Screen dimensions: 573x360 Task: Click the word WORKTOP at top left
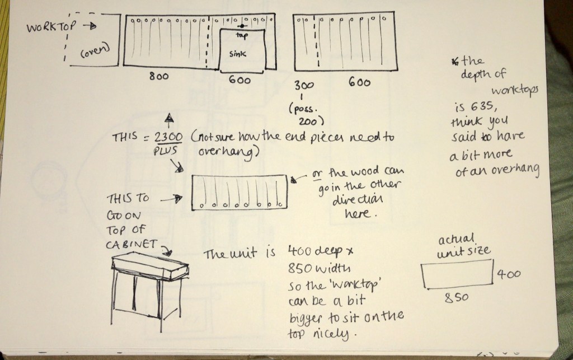51,26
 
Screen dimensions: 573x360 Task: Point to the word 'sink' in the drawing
237,54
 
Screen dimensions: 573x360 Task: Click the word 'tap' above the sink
242,35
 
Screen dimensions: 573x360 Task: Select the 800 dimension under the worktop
158,76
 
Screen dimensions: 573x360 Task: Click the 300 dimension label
304,85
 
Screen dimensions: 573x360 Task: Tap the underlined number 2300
168,137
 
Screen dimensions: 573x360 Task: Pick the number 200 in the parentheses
308,121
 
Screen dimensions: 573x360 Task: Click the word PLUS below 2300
166,151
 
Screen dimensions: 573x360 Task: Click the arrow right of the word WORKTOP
90,26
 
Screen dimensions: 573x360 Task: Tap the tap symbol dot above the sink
242,26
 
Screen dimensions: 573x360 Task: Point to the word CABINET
131,244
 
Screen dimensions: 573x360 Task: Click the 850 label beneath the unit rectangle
457,298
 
